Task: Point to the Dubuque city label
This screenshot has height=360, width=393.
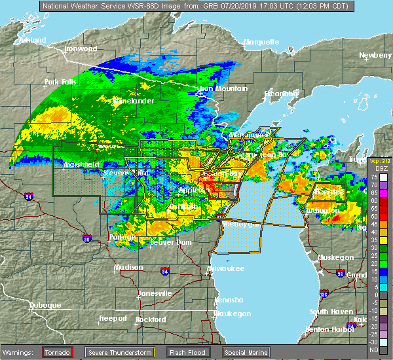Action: coord(44,305)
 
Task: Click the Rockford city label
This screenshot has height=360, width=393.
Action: coord(151,319)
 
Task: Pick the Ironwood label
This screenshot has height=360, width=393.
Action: coord(81,48)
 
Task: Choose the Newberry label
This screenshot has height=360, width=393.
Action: coord(375,56)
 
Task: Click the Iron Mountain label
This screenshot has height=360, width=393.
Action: coord(223,88)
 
